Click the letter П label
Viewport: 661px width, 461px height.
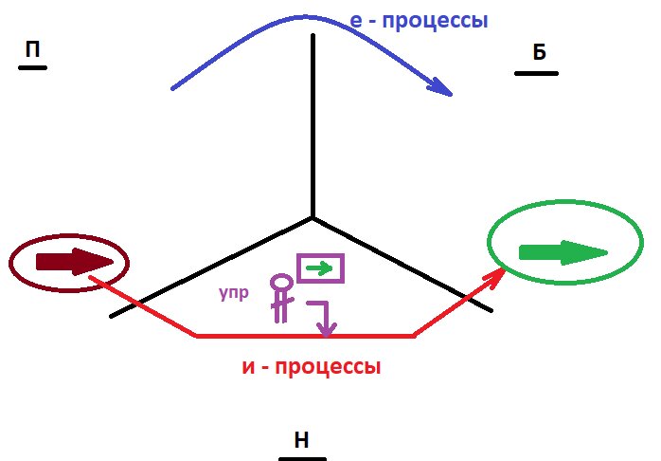tap(32, 51)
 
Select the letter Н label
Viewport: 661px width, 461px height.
tap(301, 439)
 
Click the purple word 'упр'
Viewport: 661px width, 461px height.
tap(234, 293)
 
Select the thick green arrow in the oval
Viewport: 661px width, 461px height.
tap(563, 252)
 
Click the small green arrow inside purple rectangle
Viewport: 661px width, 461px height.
tap(321, 268)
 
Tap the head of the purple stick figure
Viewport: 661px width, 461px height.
tap(280, 283)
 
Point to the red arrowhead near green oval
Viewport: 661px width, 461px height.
tap(495, 276)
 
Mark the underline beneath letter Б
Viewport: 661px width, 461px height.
tap(536, 73)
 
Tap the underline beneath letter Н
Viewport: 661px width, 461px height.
tap(302, 458)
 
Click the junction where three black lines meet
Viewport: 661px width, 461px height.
tap(313, 218)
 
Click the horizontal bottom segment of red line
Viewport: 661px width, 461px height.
tap(303, 335)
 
